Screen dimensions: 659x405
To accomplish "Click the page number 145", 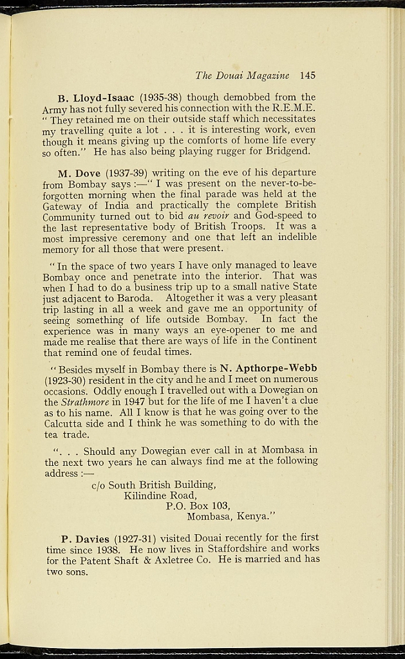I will [x=307, y=75].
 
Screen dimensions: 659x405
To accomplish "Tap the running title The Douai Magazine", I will [x=243, y=75].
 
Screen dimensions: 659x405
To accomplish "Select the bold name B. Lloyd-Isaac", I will [x=96, y=98].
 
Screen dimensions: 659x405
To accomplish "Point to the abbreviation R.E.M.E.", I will [x=296, y=109].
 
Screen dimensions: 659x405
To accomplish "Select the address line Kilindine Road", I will [x=160, y=496].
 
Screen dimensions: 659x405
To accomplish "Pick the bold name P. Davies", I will [x=86, y=538].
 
